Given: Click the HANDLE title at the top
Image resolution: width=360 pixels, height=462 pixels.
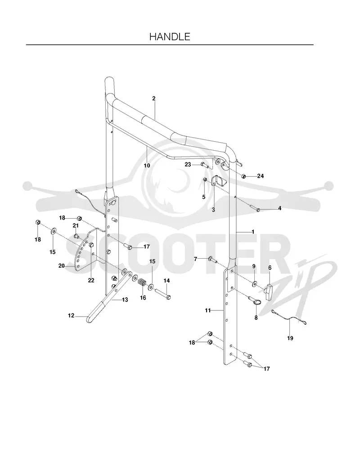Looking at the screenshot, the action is coord(170,36).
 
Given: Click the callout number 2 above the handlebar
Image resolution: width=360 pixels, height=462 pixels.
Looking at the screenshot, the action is coord(153,99).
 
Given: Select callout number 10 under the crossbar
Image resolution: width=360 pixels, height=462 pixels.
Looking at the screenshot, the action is coord(147,166).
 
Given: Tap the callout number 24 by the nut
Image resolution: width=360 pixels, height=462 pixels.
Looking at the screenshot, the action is coord(261,176).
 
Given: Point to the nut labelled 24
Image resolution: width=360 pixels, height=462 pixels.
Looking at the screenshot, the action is coord(244,176).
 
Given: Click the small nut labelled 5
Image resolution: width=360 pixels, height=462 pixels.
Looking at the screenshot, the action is coord(205,179).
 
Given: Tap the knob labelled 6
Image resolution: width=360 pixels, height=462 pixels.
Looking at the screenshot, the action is coord(270,292).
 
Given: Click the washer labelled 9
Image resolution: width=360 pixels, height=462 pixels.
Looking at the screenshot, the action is coord(254,283).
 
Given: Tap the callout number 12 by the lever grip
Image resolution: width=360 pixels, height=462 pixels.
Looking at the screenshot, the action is coord(71,315).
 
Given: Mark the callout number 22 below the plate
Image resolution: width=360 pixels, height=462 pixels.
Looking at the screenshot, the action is coord(91,281).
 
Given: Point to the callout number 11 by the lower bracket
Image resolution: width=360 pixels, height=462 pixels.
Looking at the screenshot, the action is coord(208,310).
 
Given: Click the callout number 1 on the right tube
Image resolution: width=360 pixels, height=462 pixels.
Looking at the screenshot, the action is coord(253,232).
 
